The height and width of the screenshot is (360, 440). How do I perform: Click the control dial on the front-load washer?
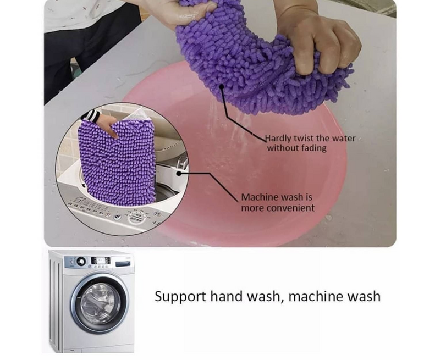click(81, 261)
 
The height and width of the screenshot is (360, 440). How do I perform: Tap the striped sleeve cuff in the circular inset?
click(91, 116)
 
